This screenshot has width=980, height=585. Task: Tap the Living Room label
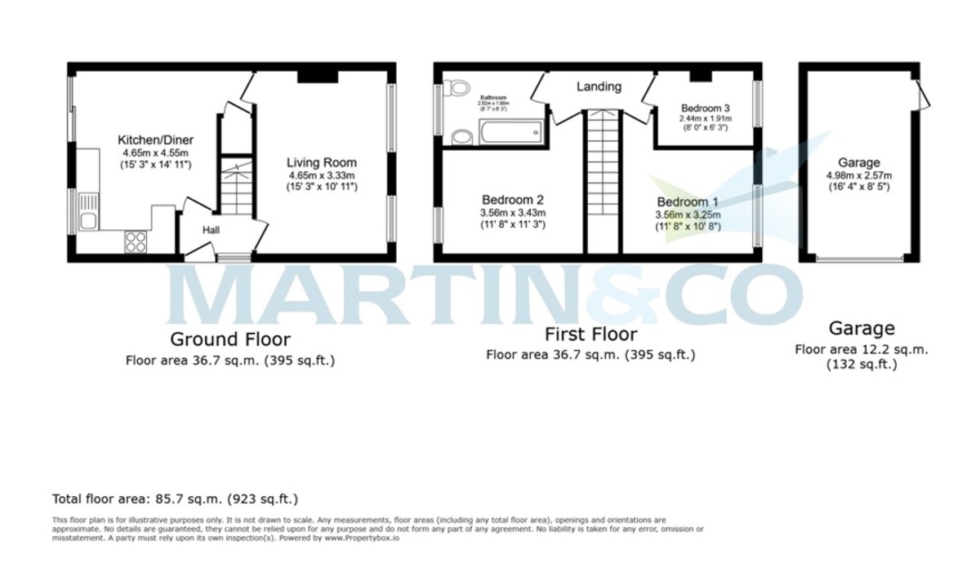pos(323,162)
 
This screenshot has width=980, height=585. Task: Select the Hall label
pos(211,231)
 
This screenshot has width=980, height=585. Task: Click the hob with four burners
pos(136,242)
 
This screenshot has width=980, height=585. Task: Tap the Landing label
pos(599,86)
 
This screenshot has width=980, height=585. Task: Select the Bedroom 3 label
pos(706,108)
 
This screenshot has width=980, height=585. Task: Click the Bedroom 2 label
pos(512,200)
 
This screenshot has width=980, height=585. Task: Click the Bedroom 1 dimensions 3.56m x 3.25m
pos(688,215)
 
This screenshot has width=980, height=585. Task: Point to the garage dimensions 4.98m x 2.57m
pos(858,175)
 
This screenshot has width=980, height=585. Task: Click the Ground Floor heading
pos(229,339)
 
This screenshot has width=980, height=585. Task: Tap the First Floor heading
pos(590,335)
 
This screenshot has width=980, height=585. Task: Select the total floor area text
pos(176,498)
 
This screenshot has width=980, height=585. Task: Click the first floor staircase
pos(603,179)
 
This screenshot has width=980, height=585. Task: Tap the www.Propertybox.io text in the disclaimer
pos(362,538)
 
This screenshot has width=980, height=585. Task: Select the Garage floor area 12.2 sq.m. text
pos(862,350)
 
